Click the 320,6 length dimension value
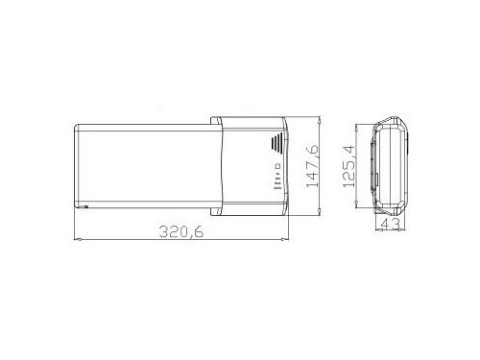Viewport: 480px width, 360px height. tap(181, 231)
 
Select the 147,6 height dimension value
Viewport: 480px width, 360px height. tap(312, 166)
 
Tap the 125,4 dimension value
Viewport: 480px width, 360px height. tap(348, 166)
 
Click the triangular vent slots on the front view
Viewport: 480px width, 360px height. tap(277, 141)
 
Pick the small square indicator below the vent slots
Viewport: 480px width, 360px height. tap(278, 166)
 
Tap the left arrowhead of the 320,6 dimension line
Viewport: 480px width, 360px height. tap(77, 239)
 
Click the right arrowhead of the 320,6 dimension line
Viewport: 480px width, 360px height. tap(285, 239)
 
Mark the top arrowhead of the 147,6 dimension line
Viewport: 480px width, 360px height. tap(319, 120)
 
